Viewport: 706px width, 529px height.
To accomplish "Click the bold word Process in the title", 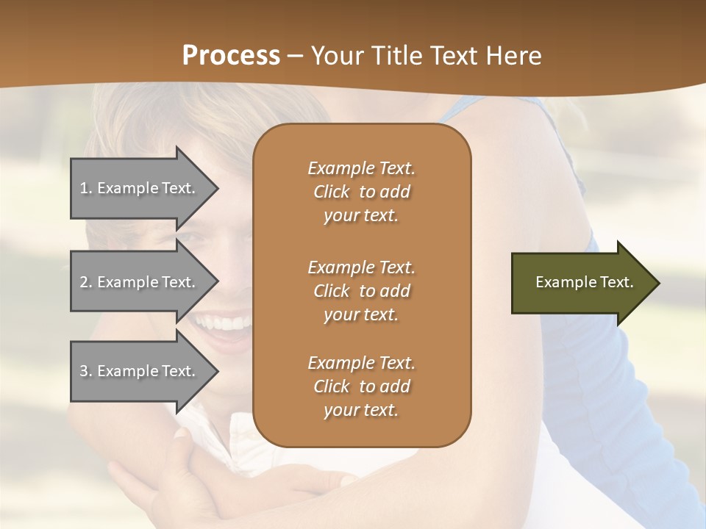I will pyautogui.click(x=231, y=56).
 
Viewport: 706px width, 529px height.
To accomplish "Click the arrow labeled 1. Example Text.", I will pyautogui.click(x=140, y=188).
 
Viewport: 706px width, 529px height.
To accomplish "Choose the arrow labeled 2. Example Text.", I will pyautogui.click(x=140, y=282).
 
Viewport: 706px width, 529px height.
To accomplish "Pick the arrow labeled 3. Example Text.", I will pyautogui.click(x=140, y=371).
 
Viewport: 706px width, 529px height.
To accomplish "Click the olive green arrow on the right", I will pyautogui.click(x=581, y=283).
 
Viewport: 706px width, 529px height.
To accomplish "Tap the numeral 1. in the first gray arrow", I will pyautogui.click(x=86, y=188).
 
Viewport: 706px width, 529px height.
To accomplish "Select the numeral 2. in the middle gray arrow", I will pyautogui.click(x=86, y=282).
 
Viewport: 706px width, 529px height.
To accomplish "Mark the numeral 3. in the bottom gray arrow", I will pyautogui.click(x=86, y=371).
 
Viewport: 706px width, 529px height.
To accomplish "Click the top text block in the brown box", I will pyautogui.click(x=361, y=192).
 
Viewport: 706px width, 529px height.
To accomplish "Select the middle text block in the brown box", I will pyautogui.click(x=361, y=291).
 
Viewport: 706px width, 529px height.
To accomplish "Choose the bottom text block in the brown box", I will pyautogui.click(x=361, y=386).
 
